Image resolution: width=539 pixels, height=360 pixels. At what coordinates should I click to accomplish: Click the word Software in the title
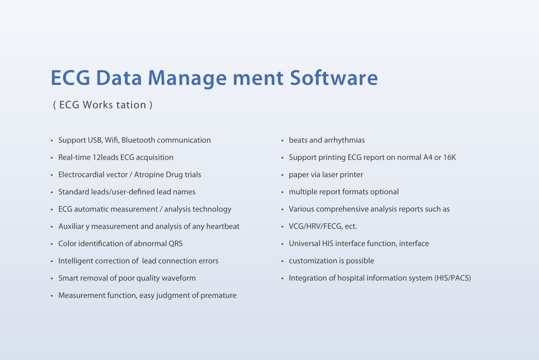pos(334,78)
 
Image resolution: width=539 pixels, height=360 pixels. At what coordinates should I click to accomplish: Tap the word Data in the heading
pos(119,78)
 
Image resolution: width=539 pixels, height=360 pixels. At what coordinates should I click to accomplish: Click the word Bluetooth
pos(138,140)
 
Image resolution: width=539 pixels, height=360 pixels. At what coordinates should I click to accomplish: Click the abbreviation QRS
pos(175,243)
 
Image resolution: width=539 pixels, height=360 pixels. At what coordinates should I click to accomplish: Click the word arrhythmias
pos(344,140)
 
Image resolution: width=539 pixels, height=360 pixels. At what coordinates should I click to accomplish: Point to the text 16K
pos(450,158)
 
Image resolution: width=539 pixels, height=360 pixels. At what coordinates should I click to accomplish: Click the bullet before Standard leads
pos(52,192)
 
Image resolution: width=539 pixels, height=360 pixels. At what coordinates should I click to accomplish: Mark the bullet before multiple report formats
pos(282,192)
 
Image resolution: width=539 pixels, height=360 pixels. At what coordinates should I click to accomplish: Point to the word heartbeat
pos(223,227)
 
